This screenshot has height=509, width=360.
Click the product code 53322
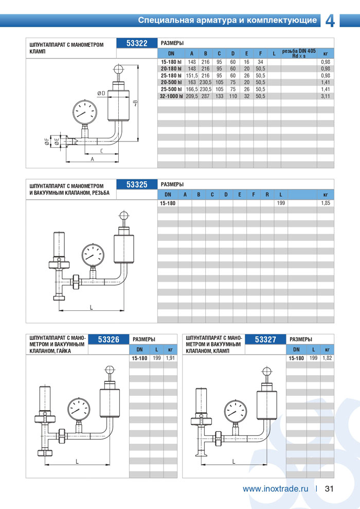point(137,43)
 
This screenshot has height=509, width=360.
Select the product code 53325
point(137,184)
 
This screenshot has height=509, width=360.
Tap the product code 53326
point(109,340)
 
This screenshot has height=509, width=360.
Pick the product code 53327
point(265,340)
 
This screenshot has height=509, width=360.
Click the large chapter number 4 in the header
point(330,21)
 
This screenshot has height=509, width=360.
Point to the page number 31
point(329,488)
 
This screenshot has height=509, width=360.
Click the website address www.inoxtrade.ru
point(275,488)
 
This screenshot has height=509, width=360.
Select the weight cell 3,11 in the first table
point(326,96)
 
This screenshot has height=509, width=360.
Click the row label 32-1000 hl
point(171,96)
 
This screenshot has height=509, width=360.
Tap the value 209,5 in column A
point(192,96)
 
